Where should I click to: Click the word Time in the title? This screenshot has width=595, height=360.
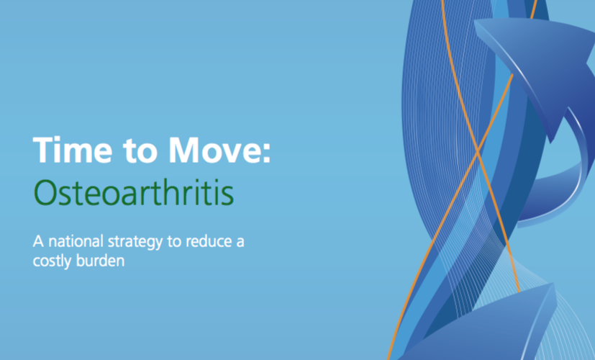pyautogui.click(x=73, y=150)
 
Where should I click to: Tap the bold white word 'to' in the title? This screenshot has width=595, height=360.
pyautogui.click(x=140, y=151)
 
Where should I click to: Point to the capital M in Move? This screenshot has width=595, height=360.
pyautogui.click(x=185, y=150)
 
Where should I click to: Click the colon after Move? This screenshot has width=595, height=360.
pyautogui.click(x=267, y=153)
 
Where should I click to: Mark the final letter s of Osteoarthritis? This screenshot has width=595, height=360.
pyautogui.click(x=227, y=196)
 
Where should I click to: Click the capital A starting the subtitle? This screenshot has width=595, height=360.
pyautogui.click(x=39, y=241)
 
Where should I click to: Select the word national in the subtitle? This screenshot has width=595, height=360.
pyautogui.click(x=76, y=240)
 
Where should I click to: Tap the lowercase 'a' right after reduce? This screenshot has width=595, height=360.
pyautogui.click(x=240, y=243)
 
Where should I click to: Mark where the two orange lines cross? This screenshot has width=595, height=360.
pyautogui.click(x=477, y=151)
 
